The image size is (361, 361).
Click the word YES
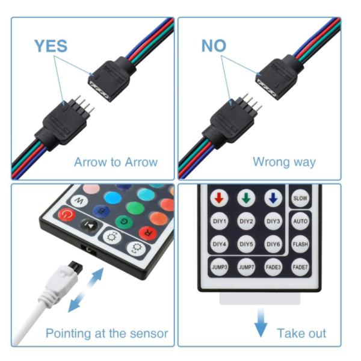(x=51, y=46)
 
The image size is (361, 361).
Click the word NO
(x=214, y=46)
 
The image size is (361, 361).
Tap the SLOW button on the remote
(x=300, y=198)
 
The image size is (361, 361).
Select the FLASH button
(x=300, y=244)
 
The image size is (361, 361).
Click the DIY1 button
(x=220, y=221)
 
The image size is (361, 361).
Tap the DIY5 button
(x=246, y=244)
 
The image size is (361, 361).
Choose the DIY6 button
(x=273, y=244)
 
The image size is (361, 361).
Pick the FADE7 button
(x=300, y=267)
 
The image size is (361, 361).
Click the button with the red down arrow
(x=219, y=198)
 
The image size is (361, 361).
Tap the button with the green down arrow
(x=246, y=198)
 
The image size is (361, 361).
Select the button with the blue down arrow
(x=273, y=198)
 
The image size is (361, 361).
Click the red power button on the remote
(x=67, y=215)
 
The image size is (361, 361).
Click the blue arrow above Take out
(x=261, y=323)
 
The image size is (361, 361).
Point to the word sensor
(x=149, y=334)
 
